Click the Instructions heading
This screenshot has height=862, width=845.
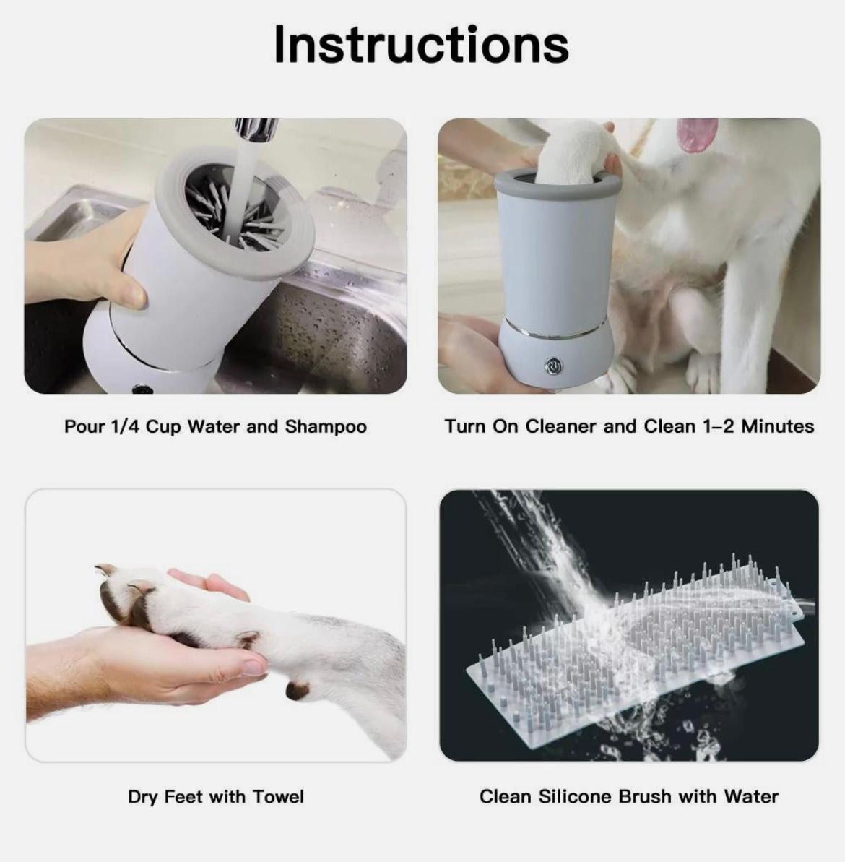(x=421, y=45)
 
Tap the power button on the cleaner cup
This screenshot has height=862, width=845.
(x=553, y=366)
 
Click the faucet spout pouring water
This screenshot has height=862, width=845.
(x=256, y=131)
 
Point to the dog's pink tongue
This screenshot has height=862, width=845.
(x=697, y=134)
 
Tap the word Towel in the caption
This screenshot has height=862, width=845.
(x=279, y=797)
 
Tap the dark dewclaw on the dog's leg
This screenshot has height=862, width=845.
(x=297, y=690)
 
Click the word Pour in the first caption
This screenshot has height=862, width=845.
(x=84, y=427)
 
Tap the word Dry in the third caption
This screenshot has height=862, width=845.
(x=143, y=797)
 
